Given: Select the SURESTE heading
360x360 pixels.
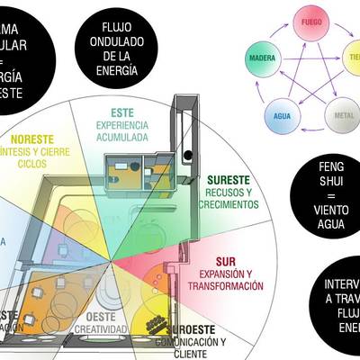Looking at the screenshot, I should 229,179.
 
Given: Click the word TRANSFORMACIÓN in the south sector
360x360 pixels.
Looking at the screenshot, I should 226,285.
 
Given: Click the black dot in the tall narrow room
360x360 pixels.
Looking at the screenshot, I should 188,155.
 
